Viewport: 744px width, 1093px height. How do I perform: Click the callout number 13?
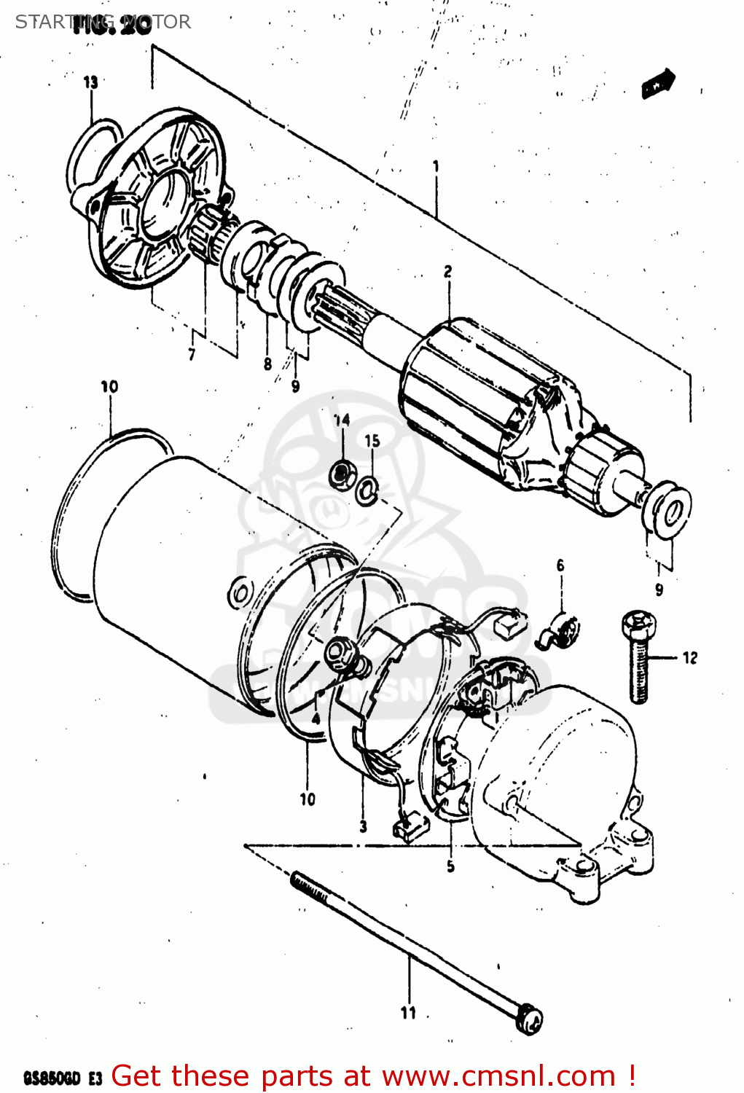pos(90,82)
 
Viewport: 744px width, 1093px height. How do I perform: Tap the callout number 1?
pos(436,166)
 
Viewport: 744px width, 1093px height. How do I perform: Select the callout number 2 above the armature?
pos(447,272)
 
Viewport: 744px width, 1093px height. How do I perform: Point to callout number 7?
pos(192,355)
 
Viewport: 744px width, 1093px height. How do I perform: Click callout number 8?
pos(267,364)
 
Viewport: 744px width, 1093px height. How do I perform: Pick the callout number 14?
pos(342,420)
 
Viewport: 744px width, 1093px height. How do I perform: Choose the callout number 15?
pos(372,441)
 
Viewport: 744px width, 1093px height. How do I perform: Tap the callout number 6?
pos(560,565)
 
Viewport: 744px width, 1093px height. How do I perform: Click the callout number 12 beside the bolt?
pos(689,658)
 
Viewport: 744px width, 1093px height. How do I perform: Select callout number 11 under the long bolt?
pos(408,1012)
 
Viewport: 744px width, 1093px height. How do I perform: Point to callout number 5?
pos(450,866)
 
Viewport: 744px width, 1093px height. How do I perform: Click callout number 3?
pos(363,826)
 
